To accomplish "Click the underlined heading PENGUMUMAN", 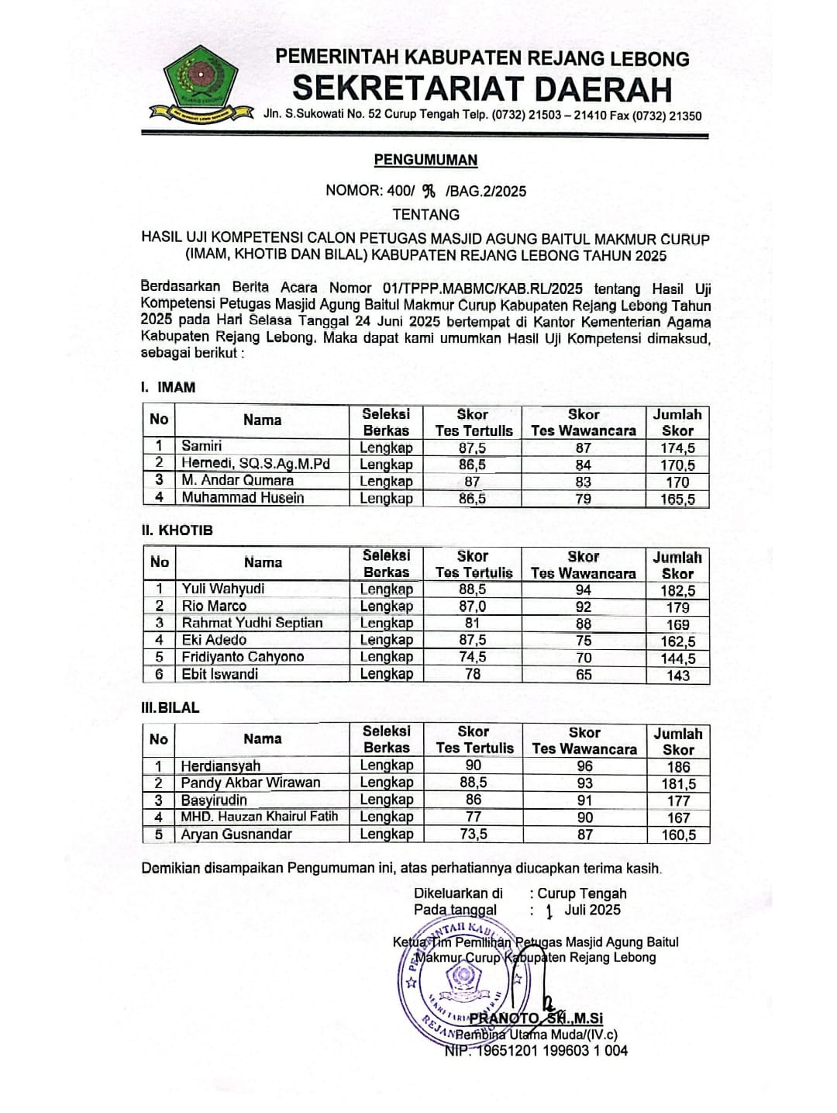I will click(425, 161).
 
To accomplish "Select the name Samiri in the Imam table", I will click(201, 446).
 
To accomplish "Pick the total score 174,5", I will click(677, 448).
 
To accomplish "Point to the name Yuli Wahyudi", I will click(222, 589).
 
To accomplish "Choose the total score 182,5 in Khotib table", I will click(677, 590).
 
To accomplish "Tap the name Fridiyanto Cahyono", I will click(243, 657).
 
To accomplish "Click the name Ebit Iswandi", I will click(219, 674).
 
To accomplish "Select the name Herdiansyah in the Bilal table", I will click(220, 766).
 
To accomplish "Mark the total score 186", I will click(677, 766).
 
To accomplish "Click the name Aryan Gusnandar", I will click(236, 835).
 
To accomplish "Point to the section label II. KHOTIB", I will click(177, 531).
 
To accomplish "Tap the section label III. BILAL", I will click(170, 707).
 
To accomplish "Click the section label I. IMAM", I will click(168, 387).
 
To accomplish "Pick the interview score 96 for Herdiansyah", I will click(584, 765).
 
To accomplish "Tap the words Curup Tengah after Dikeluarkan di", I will click(582, 894).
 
